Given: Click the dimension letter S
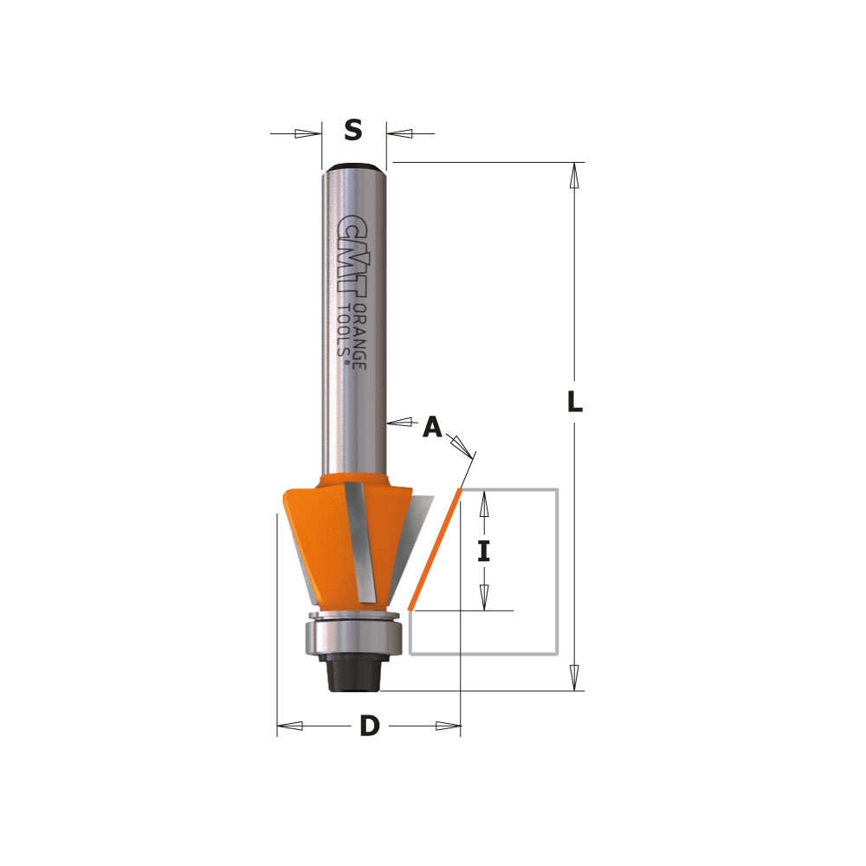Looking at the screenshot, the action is (353, 131).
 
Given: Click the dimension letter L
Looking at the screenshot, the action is (575, 402).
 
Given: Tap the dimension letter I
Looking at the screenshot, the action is (484, 551).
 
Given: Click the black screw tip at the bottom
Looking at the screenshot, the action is (354, 674).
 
